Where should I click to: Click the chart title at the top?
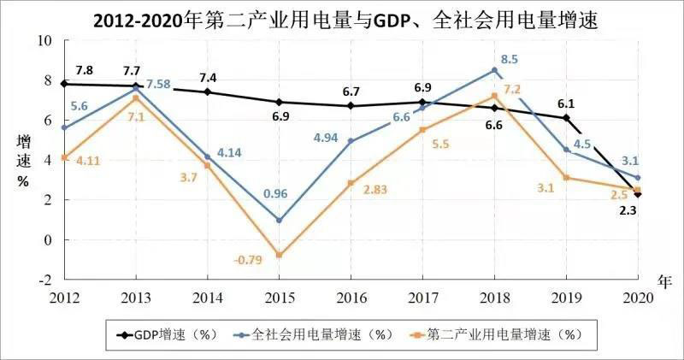pyautogui.click(x=342, y=19)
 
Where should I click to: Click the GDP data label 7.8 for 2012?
pyautogui.click(x=85, y=69)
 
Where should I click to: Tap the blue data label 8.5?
pyautogui.click(x=510, y=60)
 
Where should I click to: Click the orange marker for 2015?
pyautogui.click(x=279, y=255)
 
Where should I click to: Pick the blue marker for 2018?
pyautogui.click(x=494, y=70)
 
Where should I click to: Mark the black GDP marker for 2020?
pyautogui.click(x=637, y=194)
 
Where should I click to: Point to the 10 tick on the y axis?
pyautogui.click(x=45, y=41)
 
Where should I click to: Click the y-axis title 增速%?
pyautogui.click(x=22, y=160)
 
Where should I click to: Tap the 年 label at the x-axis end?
pyautogui.click(x=666, y=280)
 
